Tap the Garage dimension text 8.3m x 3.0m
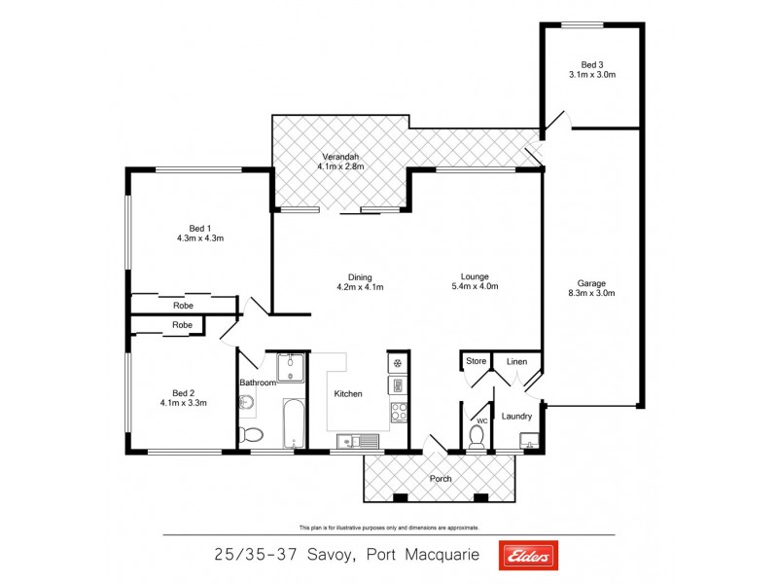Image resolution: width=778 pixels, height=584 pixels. pos(591,293)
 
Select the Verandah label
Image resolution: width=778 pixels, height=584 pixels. pos(338,157)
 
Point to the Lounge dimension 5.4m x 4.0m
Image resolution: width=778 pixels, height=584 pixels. pos(475,286)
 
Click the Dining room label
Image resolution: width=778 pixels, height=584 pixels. pos(360,276)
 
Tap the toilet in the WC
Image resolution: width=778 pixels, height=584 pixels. pos(477,434)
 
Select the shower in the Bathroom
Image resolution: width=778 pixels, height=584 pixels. pos(291,367)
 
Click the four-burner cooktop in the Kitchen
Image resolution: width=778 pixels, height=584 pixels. pos(398,411)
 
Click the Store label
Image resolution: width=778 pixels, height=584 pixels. pos(476,362)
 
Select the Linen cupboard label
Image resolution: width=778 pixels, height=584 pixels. pos(516,362)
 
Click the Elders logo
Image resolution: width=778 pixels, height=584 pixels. pos(528,556)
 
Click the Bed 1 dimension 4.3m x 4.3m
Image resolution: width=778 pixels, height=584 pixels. pos(200,237)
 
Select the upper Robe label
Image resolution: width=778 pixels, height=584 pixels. pos(183,306)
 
